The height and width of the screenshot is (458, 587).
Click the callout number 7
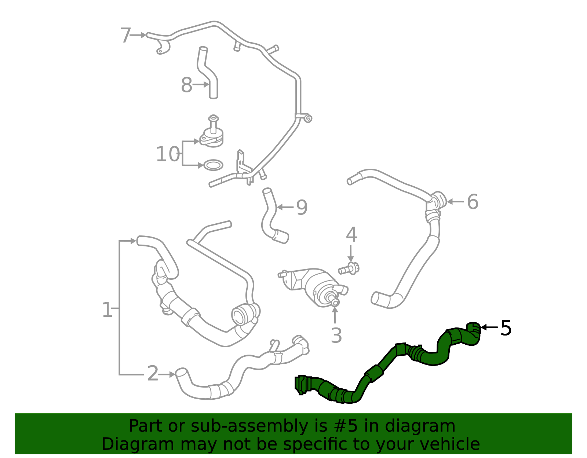(125, 36)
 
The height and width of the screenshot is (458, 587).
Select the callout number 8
(186, 85)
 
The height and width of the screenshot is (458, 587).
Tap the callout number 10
(168, 154)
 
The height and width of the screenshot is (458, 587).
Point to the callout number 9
(302, 208)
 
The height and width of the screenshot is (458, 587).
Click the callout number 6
(473, 202)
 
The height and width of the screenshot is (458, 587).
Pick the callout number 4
(351, 235)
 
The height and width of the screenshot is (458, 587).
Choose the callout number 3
(336, 335)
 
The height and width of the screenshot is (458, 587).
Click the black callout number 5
(506, 327)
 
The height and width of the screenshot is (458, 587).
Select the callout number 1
(107, 310)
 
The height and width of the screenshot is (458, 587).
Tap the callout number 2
(153, 374)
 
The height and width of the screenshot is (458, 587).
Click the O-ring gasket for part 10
(213, 165)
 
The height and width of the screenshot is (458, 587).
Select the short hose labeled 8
(208, 73)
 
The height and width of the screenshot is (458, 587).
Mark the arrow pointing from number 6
(455, 202)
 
